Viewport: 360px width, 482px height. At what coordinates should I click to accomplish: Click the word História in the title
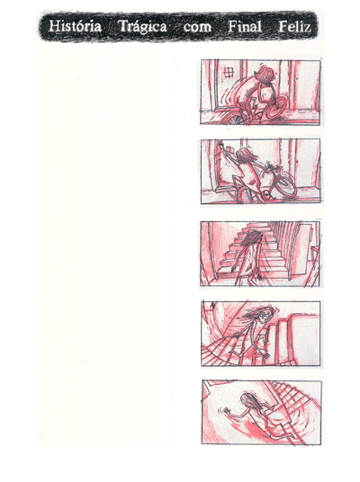[x=76, y=27]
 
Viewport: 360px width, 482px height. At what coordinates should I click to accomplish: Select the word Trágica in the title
[x=142, y=27]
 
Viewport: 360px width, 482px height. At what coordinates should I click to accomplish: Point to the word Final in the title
[x=244, y=27]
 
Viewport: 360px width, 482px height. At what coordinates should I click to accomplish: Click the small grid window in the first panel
[x=229, y=71]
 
